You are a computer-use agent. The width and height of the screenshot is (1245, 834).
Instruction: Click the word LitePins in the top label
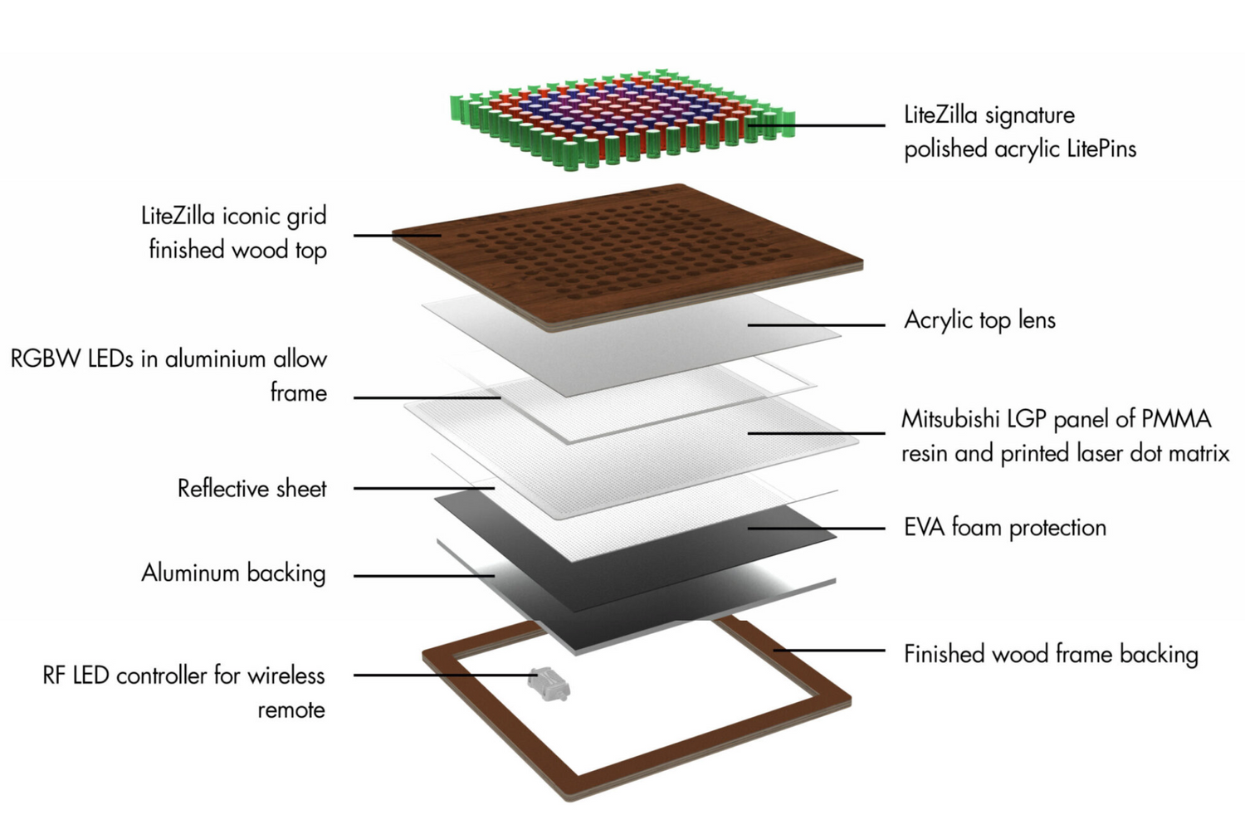(x=1101, y=149)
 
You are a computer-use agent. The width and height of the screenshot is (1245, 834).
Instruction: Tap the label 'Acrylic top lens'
(x=979, y=320)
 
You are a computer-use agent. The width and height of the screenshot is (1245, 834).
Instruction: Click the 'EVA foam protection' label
(x=1004, y=528)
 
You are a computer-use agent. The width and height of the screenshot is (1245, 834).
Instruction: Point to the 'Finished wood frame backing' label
(x=1051, y=655)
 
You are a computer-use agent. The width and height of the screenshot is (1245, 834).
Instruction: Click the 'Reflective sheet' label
(x=251, y=489)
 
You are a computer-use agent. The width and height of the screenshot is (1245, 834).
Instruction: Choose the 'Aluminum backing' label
(x=233, y=573)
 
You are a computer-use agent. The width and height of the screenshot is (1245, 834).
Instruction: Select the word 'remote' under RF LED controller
(x=290, y=710)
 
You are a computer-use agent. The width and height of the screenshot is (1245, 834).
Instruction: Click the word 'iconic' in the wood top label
(x=250, y=217)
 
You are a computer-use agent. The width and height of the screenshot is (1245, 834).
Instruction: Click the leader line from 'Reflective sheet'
(x=423, y=489)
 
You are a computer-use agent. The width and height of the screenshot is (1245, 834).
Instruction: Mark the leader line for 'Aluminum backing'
(x=423, y=575)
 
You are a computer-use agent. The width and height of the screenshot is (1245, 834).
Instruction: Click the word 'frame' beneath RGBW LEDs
(x=298, y=393)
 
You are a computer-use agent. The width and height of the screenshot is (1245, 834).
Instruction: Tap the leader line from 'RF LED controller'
(x=440, y=675)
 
